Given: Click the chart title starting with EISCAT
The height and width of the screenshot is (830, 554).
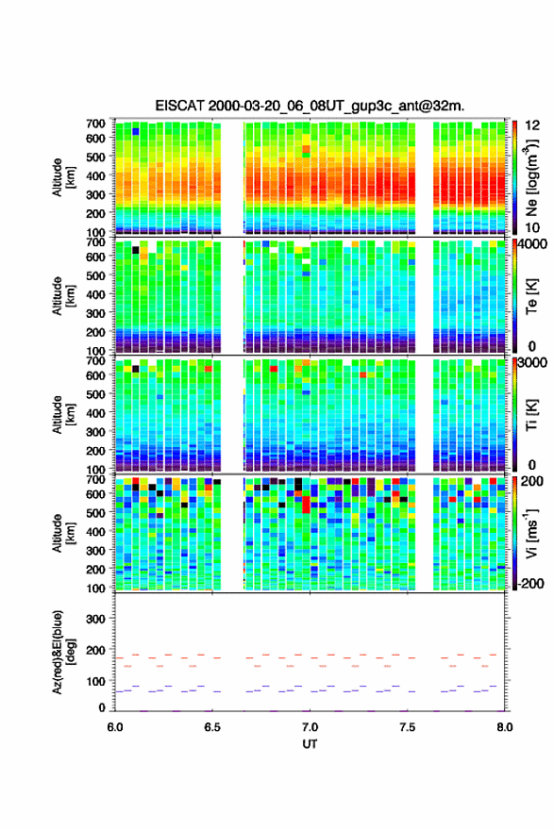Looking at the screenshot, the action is [310, 106].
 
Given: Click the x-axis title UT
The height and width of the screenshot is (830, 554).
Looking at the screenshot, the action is [310, 744].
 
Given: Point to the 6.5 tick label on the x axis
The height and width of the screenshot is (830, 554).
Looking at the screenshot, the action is [212, 727].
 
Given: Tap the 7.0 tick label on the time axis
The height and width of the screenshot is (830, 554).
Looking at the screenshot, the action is [310, 727].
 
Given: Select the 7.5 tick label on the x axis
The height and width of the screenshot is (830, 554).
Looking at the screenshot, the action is [408, 727].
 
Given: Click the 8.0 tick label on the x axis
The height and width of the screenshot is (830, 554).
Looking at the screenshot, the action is [505, 727].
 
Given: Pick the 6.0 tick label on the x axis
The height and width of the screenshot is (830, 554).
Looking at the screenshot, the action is [115, 727].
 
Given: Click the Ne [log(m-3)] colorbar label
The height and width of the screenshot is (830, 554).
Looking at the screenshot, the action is [531, 178].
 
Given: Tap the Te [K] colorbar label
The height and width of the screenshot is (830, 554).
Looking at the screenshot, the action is [531, 296].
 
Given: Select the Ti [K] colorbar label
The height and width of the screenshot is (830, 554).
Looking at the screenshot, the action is [531, 415].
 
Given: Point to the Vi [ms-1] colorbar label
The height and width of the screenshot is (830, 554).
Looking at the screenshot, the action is [531, 534].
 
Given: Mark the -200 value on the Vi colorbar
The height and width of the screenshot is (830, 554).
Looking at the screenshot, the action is [529, 583].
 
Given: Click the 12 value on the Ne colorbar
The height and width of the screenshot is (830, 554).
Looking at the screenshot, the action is [532, 125].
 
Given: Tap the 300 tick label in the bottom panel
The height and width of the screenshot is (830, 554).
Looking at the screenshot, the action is [96, 619].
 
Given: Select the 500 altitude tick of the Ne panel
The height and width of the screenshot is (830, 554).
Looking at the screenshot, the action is [96, 157].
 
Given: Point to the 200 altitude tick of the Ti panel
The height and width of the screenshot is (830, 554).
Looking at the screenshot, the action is [96, 451].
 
